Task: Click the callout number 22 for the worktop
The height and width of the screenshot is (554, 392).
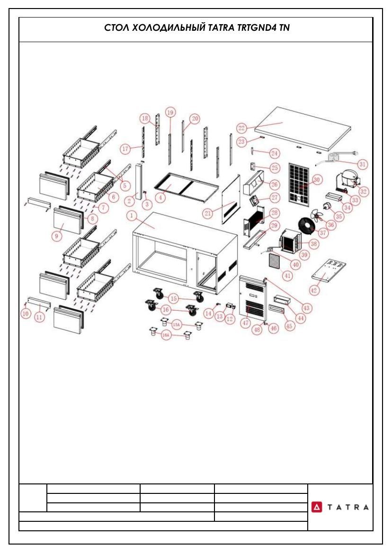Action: pos(241,127)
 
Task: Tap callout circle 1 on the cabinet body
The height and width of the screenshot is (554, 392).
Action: pos(131,215)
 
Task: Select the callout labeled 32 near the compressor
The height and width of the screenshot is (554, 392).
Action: pos(364,191)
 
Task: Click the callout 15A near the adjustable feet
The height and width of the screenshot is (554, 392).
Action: pos(177,324)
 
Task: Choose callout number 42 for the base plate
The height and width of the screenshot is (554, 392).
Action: pos(313,290)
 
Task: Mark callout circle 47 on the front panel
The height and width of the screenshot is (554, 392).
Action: pos(246,323)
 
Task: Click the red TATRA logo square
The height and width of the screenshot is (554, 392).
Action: pos(317,507)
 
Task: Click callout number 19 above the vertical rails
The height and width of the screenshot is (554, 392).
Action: pos(170,113)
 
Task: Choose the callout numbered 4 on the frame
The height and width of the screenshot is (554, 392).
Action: pos(160,197)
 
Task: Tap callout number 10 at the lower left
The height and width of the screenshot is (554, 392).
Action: pos(26,313)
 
